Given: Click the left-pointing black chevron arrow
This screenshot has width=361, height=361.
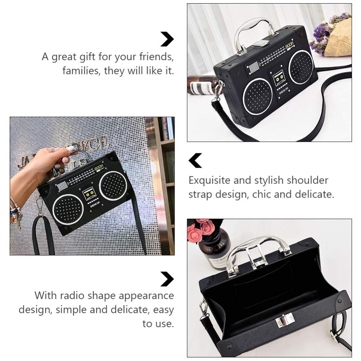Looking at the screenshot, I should pos(195,161).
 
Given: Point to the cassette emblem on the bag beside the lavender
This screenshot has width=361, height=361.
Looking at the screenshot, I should pos(280,77).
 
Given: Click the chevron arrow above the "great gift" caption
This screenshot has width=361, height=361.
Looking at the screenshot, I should pos(167,39).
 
